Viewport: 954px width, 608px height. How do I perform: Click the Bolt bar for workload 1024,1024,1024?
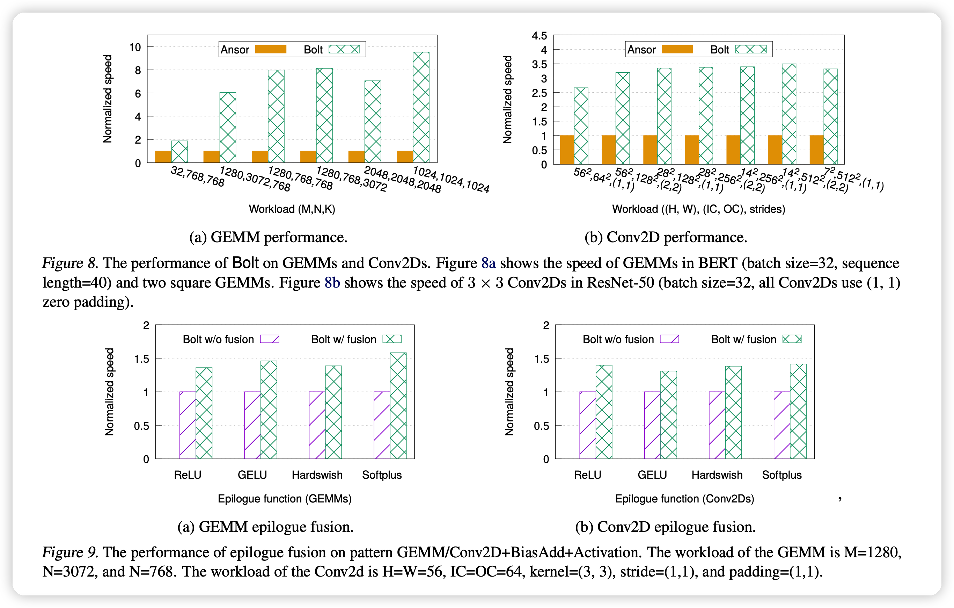tap(421, 107)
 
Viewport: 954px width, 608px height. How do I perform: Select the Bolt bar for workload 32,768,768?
tap(179, 151)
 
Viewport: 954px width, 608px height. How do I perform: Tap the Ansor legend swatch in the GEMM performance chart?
tap(271, 49)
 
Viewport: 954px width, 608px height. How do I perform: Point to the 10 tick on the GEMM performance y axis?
tap(135, 47)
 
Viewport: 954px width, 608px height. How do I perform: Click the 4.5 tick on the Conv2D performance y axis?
tap(539, 36)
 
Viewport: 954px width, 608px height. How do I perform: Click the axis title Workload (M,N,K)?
tap(292, 209)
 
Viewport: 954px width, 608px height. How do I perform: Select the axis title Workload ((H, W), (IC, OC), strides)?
tap(698, 209)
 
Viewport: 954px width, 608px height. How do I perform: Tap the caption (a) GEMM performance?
tap(268, 237)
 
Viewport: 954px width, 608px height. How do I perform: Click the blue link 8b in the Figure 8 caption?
tap(332, 283)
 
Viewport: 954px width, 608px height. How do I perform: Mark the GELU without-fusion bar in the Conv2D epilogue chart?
tap(652, 425)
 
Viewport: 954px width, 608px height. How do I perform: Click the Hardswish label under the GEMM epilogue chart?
tap(317, 475)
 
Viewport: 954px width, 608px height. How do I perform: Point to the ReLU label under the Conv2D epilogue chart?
tap(588, 475)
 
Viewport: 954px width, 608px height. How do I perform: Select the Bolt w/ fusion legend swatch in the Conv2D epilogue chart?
tap(792, 339)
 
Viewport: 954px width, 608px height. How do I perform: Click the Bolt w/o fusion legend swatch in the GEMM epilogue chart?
tap(269, 339)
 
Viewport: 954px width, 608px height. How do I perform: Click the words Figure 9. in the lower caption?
tap(70, 552)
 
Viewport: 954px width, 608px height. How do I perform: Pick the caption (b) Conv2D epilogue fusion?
tap(665, 527)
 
